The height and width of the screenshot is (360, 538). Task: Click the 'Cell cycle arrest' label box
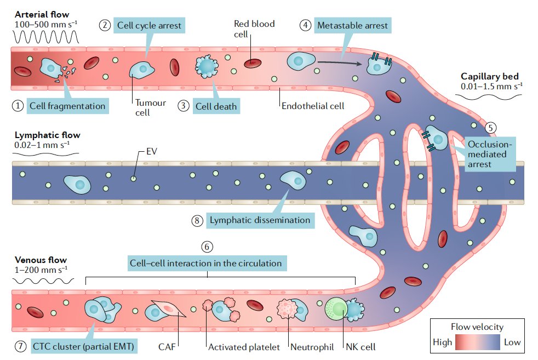[x=149, y=25]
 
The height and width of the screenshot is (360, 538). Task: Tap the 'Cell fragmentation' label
[x=67, y=106]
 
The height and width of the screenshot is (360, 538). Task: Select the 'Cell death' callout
[x=216, y=106]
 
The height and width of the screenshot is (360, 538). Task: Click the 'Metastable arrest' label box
[x=352, y=25]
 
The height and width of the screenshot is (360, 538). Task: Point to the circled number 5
[x=491, y=128]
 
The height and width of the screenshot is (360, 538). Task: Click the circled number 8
[x=197, y=220]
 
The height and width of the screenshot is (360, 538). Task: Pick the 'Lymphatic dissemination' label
[x=260, y=220]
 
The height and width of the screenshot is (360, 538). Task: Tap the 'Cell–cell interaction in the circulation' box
[x=207, y=263]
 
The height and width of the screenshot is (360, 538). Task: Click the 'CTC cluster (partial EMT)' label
[x=83, y=346]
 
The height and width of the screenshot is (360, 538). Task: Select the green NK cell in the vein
[x=336, y=308]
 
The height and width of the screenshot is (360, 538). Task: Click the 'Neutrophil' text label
[x=312, y=347]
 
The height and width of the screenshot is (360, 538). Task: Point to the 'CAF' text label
[x=167, y=347]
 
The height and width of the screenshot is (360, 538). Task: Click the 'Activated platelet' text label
[x=244, y=347]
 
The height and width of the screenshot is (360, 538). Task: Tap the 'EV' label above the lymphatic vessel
[x=152, y=151]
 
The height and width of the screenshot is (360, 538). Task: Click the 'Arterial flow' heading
[x=42, y=14]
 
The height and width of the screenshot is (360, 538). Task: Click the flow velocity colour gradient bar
[x=478, y=342]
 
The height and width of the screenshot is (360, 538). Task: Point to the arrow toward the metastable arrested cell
[x=340, y=62]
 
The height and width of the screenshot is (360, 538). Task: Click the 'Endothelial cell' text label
[x=313, y=106]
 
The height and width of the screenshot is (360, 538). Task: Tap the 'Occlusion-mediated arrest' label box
[x=490, y=154]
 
